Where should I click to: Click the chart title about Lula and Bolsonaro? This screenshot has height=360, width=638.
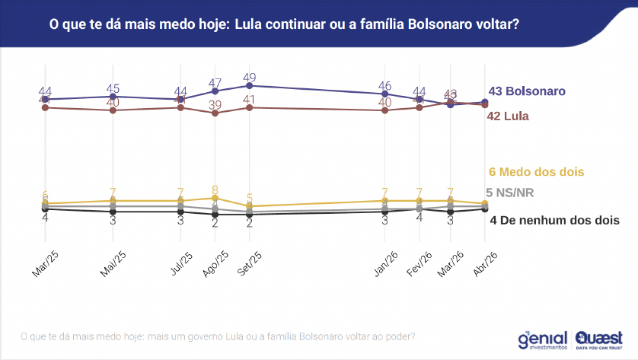click(284, 24)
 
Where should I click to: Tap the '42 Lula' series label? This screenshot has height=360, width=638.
click(508, 116)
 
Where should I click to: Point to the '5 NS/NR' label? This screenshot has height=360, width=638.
click(509, 193)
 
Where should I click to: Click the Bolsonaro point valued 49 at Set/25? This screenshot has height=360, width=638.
click(250, 86)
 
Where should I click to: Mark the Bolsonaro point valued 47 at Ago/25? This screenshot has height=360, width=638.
click(215, 91)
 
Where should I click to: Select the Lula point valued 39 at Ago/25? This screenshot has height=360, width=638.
click(215, 113)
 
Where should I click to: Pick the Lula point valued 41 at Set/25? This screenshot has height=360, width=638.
click(250, 107)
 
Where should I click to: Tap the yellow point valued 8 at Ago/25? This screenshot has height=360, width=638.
click(215, 198)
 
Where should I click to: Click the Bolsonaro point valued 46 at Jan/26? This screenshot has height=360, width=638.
click(385, 94)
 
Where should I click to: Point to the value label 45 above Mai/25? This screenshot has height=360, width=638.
click(113, 88)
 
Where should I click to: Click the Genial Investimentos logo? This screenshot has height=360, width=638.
click(543, 339)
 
